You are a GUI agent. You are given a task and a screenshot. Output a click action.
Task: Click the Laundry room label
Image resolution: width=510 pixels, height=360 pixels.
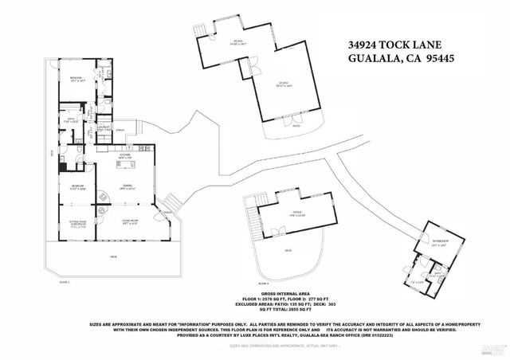104,127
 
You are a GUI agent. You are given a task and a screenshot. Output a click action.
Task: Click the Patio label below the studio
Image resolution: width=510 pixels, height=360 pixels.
296,125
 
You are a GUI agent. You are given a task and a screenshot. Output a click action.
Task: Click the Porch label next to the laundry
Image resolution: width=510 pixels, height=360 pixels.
120,131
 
